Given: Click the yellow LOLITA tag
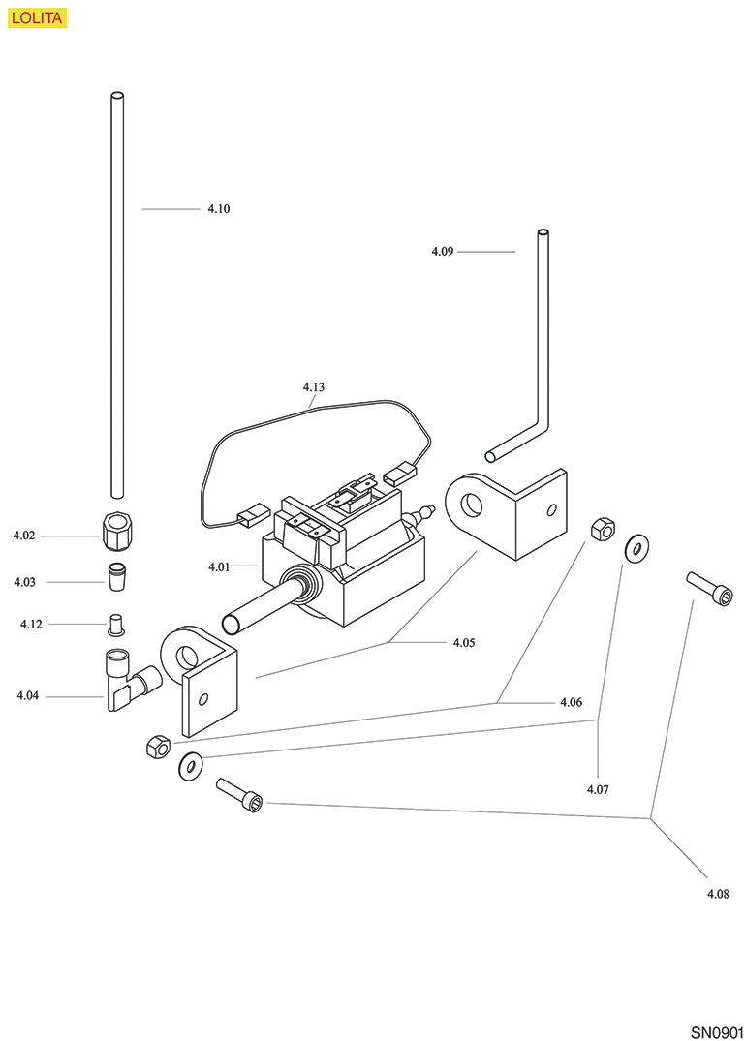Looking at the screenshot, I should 37,16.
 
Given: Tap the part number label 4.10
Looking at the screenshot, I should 218,209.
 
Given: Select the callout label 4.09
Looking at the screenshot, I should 443,252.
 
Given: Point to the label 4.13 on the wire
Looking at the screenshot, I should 313,387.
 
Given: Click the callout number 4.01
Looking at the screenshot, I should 219,566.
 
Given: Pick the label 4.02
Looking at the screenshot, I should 24,536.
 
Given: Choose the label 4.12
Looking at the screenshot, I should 31,625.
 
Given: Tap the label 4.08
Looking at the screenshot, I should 718,894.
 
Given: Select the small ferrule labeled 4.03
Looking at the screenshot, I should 116,575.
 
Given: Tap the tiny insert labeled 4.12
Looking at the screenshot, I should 116,624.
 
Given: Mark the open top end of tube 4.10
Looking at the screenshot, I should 116,96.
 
